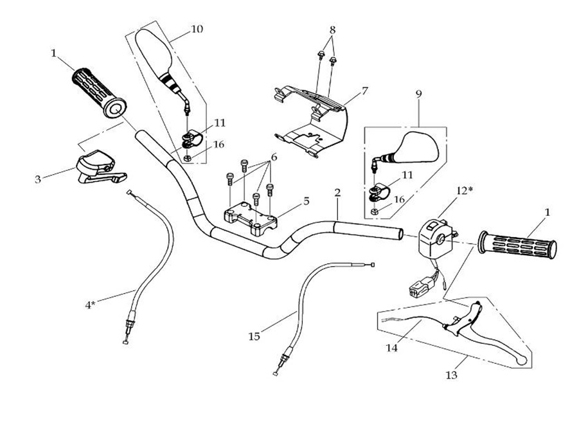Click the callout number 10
point(197,29)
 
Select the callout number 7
point(364,91)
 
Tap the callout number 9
point(419,94)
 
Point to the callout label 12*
point(465,191)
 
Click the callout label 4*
point(90,305)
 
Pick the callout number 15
point(254,336)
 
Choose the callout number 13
point(451,375)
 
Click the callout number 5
point(306,201)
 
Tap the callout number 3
point(38,179)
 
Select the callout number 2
point(337,192)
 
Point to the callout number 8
point(333,30)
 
